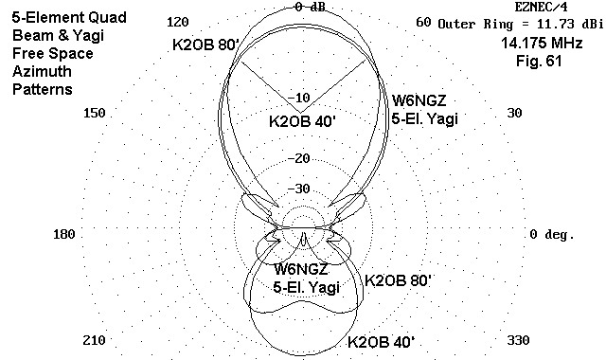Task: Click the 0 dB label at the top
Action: click(x=310, y=7)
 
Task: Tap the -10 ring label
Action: click(x=299, y=98)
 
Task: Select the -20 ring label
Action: click(x=299, y=158)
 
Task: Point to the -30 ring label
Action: click(x=299, y=189)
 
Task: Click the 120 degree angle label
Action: click(x=178, y=22)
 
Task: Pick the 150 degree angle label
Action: click(x=95, y=113)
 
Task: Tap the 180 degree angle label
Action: click(x=64, y=234)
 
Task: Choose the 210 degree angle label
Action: click(x=95, y=340)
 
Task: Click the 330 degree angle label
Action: click(x=518, y=340)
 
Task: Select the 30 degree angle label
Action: click(x=514, y=113)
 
